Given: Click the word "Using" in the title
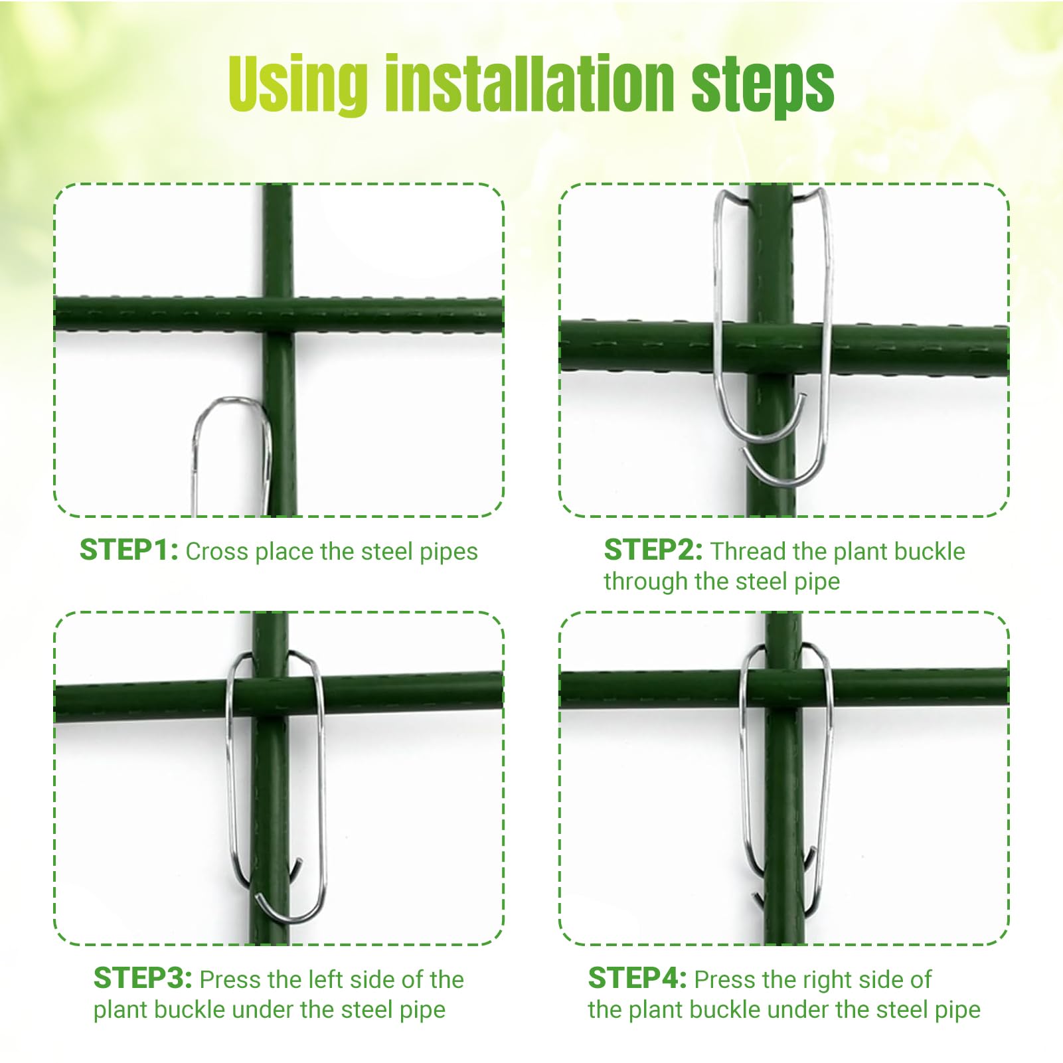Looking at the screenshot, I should pos(297,85).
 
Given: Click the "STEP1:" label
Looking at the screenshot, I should pos(129,550).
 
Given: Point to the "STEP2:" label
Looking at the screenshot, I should pos(653,550).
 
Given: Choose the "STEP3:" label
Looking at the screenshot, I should pos(143,979).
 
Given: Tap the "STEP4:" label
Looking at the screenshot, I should pos(637,979).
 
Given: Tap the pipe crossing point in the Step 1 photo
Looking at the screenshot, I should pos(278,315).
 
